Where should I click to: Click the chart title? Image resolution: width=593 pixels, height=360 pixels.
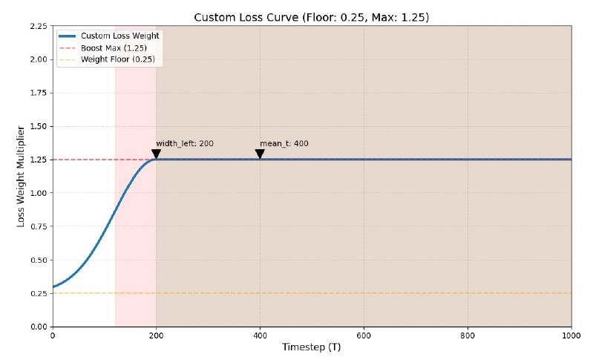311,17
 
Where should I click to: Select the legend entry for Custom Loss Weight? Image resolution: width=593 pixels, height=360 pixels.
119,36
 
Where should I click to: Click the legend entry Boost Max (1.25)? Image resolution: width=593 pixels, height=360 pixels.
114,48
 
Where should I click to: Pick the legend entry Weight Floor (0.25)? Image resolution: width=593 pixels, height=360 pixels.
118,59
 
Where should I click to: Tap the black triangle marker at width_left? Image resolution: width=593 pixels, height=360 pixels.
156,154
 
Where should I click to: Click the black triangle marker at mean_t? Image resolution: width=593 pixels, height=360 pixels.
260,154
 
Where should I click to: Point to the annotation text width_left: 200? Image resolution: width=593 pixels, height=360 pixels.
185,143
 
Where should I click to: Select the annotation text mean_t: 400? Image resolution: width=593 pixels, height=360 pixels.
284,143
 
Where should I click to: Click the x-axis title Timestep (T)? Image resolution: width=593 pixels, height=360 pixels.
311,347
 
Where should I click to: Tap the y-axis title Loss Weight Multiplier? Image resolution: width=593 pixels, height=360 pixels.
22,176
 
